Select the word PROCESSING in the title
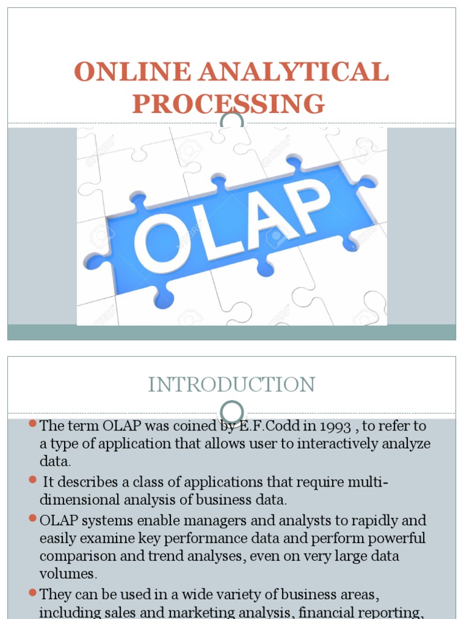coord(229,104)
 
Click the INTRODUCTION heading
coord(231,384)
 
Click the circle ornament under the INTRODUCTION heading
coord(232,412)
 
